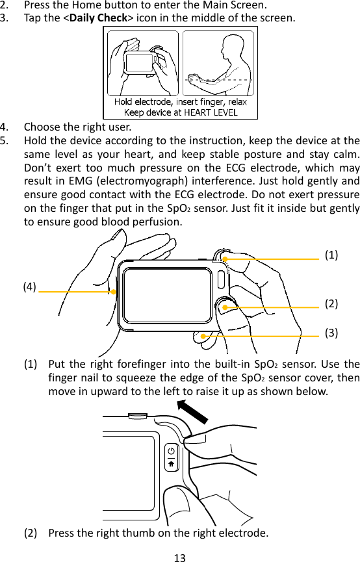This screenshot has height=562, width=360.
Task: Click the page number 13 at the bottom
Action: click(x=180, y=556)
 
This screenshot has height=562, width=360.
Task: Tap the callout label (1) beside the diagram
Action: click(x=331, y=255)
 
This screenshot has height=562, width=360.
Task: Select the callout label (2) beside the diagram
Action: click(x=331, y=304)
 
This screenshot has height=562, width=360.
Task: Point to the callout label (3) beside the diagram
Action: click(x=331, y=333)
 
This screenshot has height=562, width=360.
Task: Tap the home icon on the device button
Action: click(x=172, y=464)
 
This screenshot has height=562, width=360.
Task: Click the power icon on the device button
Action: click(x=172, y=452)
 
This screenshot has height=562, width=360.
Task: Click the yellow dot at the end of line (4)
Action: click(x=113, y=292)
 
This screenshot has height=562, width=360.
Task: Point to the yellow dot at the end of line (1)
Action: click(x=225, y=259)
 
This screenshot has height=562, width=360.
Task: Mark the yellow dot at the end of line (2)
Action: click(x=224, y=307)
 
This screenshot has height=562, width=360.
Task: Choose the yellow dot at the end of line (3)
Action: click(x=203, y=337)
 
